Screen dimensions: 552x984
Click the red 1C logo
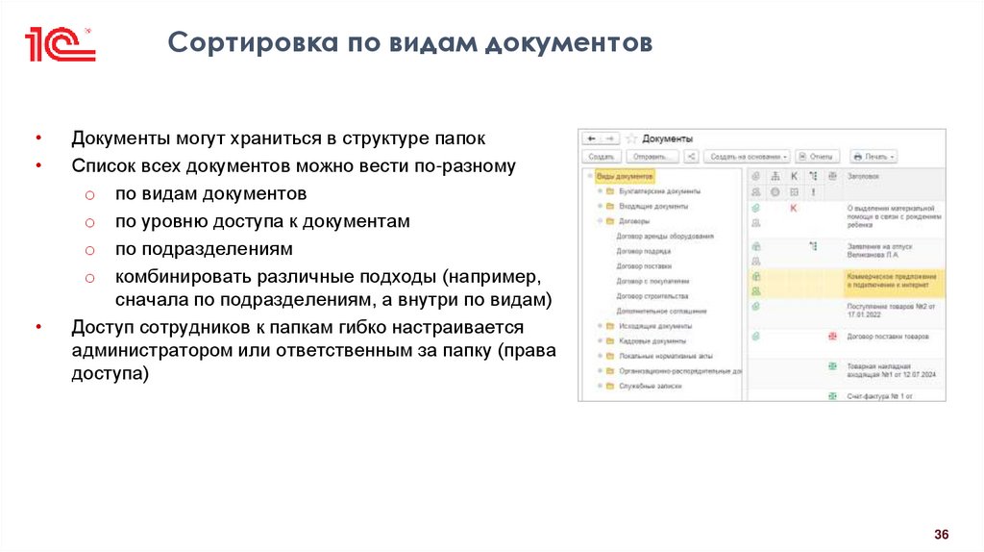point(60,44)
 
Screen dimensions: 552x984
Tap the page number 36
point(942,534)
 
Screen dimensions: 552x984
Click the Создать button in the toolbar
point(601,156)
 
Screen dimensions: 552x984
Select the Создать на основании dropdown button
point(747,156)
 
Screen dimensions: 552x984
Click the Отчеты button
point(817,156)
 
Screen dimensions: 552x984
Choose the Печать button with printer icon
point(873,156)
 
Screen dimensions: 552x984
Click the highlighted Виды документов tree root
point(624,177)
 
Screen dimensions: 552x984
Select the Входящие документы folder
point(654,206)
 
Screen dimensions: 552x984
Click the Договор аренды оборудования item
point(665,236)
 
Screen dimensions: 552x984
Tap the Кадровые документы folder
point(654,340)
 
